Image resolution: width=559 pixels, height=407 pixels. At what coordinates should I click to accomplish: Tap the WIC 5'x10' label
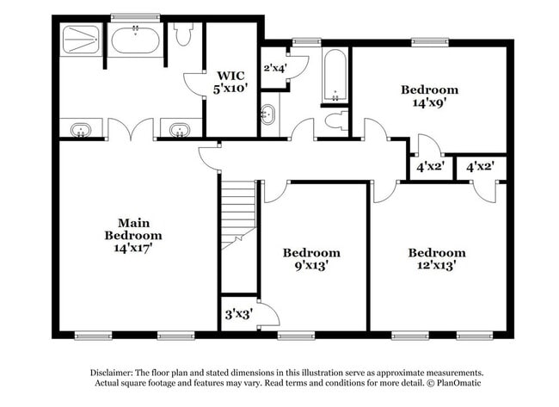coord(230,82)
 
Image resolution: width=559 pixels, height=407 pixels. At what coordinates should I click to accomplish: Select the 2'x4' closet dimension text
coord(274,67)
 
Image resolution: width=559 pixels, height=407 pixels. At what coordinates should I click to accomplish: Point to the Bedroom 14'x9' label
coord(430,95)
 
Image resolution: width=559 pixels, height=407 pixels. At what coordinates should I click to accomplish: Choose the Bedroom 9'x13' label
coord(311,259)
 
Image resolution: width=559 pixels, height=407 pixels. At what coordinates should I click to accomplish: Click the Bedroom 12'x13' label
coord(437,259)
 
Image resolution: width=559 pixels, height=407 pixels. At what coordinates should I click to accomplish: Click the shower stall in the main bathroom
coord(80,40)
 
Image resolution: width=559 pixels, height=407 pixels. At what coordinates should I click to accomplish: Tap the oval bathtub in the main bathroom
coord(136,40)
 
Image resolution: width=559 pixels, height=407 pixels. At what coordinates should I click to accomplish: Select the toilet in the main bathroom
coord(182,36)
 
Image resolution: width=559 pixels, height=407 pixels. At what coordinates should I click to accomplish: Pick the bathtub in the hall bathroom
coord(335,76)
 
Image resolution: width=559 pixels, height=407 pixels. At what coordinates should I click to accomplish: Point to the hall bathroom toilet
coord(337,120)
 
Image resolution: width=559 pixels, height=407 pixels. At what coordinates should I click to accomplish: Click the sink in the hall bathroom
coord(268,114)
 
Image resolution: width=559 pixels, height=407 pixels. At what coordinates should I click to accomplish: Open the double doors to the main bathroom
coord(131,131)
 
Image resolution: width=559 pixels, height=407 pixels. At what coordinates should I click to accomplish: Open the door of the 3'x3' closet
coord(267,315)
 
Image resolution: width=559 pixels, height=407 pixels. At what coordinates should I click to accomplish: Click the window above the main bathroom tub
coord(135,16)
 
